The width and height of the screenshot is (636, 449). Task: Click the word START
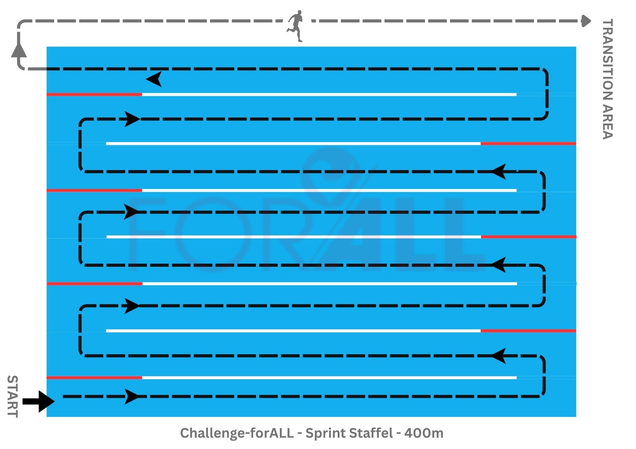pos(13,396)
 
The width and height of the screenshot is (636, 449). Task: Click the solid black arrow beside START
pos(39,401)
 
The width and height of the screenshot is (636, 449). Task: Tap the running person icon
pos(295,25)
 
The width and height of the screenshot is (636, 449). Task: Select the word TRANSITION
pos(607,60)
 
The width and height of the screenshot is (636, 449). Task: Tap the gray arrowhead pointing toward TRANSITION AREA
pos(586,21)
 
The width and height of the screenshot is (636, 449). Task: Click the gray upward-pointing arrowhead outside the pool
pos(19,50)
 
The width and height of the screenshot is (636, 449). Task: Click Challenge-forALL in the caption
pos(237,433)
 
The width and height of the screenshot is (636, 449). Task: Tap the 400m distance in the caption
pos(424,433)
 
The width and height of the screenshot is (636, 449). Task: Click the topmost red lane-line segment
pos(94,94)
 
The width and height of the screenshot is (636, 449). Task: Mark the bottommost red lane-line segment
pos(94,378)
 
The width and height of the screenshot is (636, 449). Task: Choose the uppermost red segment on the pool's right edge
pos(528,143)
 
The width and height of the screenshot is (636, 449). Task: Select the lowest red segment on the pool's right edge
pos(528,331)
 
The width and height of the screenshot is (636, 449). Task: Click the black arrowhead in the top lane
pos(154,79)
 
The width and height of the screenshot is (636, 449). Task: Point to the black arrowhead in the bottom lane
pos(132,396)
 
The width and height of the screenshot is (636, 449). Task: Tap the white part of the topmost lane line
pos(329,94)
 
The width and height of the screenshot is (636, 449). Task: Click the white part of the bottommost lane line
pos(329,378)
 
